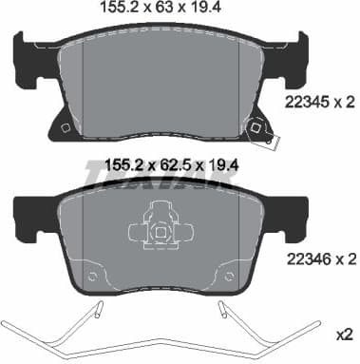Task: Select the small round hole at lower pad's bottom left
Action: (x=93, y=277)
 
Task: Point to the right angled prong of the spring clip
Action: (x=224, y=311)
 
